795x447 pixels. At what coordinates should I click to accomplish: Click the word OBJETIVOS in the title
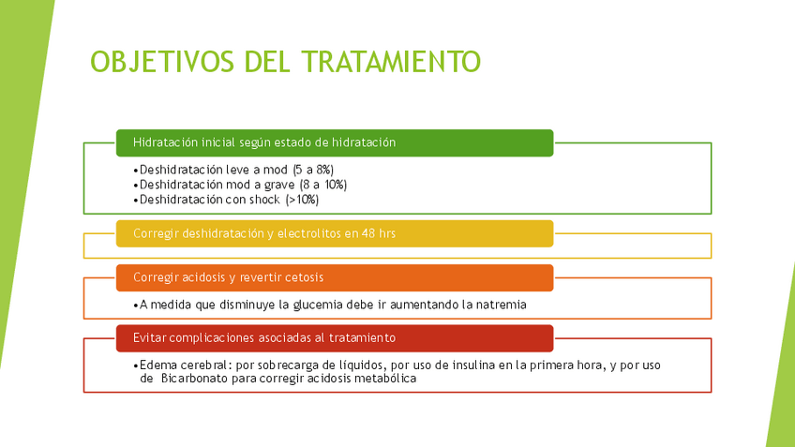point(162,62)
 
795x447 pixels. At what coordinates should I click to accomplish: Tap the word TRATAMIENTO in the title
point(391,62)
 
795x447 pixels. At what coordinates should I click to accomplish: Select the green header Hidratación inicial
point(335,143)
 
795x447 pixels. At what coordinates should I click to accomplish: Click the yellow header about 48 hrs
point(335,233)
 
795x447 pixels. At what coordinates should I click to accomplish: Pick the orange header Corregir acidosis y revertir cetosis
point(335,277)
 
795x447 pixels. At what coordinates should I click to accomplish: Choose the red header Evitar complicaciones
point(335,338)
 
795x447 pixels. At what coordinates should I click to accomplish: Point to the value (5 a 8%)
point(313,170)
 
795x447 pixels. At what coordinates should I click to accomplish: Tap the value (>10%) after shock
point(302,200)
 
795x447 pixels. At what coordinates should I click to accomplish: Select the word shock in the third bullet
point(264,200)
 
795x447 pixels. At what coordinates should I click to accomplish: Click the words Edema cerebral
point(184,365)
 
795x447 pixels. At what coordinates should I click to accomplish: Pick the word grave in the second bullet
point(279,185)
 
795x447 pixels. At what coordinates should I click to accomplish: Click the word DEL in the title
point(267,62)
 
